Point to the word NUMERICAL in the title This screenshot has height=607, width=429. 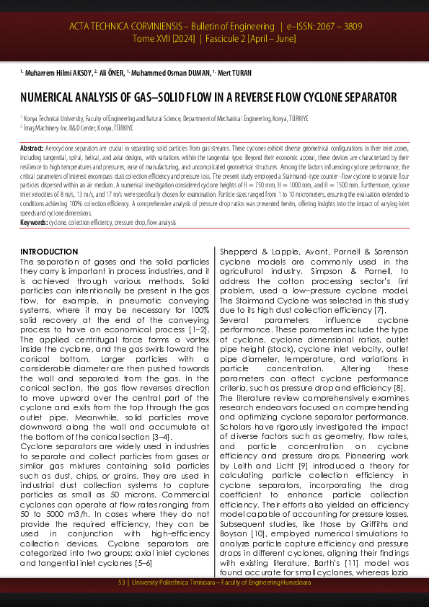tap(48, 97)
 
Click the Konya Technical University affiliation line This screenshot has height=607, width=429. tap(166, 118)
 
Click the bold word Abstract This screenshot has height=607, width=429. tap(32, 148)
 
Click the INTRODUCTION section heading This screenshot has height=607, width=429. tap(49, 251)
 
